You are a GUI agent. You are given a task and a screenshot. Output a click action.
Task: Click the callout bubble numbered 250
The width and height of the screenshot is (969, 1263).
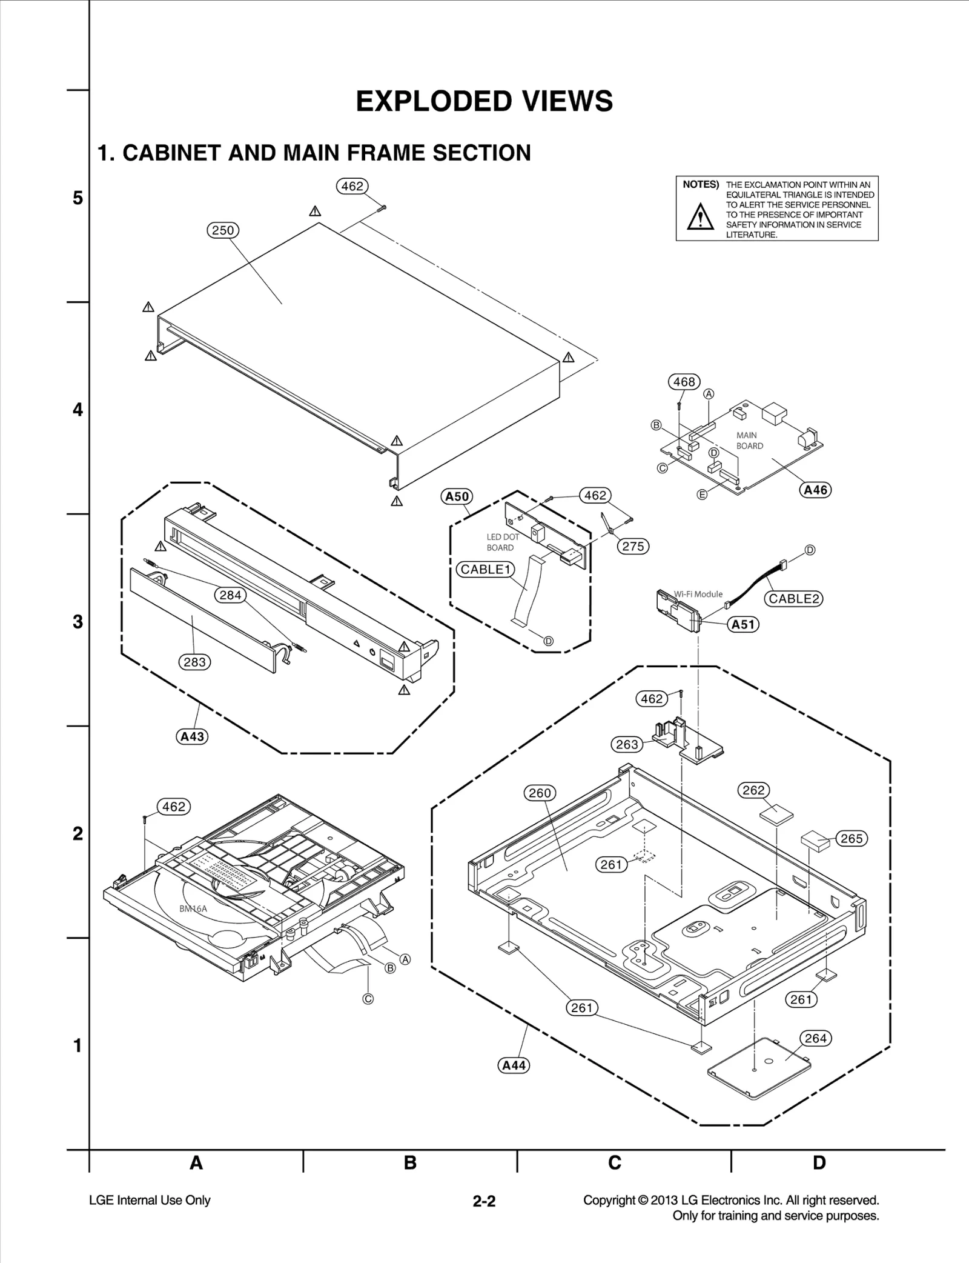[x=223, y=230]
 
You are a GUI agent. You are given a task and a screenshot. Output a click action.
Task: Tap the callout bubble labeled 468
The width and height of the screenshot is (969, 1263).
[x=684, y=382]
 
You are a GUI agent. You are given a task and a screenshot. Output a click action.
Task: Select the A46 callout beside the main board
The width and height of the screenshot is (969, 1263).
[x=815, y=490]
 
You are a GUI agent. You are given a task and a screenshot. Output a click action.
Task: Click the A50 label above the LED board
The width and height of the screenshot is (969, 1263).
[x=457, y=497]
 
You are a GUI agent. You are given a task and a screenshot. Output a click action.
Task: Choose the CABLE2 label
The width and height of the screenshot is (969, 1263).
[x=793, y=599]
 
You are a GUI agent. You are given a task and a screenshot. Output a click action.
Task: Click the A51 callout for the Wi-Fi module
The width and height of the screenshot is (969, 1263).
[x=743, y=624]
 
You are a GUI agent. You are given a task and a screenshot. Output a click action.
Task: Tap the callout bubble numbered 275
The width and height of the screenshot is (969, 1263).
[x=633, y=546]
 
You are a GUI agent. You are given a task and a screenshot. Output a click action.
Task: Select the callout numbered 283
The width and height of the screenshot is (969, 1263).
[x=195, y=662]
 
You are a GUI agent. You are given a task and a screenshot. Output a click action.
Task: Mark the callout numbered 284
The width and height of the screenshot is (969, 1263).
[x=230, y=595]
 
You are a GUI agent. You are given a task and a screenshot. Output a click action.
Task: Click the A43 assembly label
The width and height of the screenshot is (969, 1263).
[x=193, y=737]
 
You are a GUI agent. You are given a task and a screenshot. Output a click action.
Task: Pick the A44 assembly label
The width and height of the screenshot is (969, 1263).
[x=514, y=1065]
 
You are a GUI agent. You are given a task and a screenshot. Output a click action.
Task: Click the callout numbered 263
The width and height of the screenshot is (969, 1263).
[x=627, y=744]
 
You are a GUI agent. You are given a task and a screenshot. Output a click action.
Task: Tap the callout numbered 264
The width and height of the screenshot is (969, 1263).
[x=815, y=1038]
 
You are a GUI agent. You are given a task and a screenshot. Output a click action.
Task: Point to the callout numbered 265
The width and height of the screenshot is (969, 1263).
[x=852, y=839]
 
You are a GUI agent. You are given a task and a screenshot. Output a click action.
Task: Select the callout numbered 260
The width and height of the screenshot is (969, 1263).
[x=540, y=793]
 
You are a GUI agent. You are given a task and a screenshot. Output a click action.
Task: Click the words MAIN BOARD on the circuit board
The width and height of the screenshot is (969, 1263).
[x=749, y=441]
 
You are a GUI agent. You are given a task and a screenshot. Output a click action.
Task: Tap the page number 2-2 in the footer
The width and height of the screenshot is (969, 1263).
[x=484, y=1201]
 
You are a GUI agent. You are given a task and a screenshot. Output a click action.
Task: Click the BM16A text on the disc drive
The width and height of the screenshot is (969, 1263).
[x=193, y=908]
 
